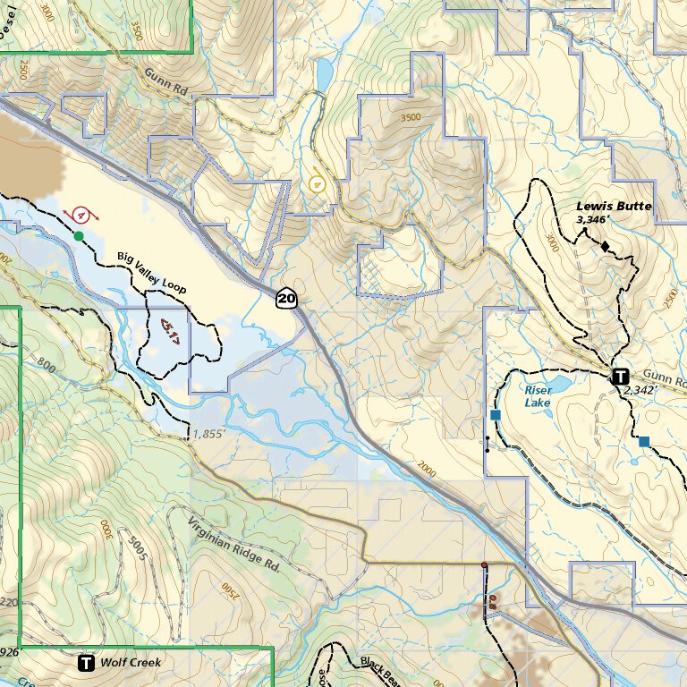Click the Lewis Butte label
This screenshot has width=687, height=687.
[x=614, y=206]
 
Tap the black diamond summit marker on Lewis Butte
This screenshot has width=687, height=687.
[x=606, y=245]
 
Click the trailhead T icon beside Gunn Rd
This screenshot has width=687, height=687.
[x=619, y=376]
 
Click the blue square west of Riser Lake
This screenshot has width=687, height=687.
[x=495, y=415]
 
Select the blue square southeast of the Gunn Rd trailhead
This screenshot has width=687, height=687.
[x=644, y=441]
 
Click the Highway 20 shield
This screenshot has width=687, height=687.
[x=285, y=298]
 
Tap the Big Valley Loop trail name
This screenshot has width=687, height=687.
[x=152, y=272]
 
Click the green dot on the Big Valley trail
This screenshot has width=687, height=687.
[x=79, y=236]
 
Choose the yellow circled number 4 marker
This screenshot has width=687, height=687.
[x=317, y=183]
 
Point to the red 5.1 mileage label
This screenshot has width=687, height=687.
[x=170, y=330]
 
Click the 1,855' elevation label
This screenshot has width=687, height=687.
[x=208, y=435]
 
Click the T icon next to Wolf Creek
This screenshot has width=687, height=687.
[x=86, y=663]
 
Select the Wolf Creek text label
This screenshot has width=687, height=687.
[x=131, y=663]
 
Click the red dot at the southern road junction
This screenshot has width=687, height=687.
[x=484, y=565]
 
